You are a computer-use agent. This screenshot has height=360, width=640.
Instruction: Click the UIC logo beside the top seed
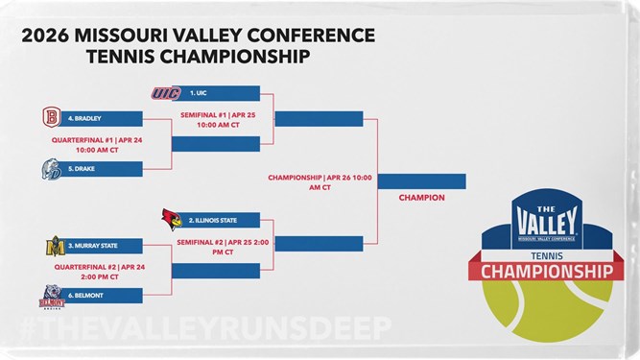(166, 93)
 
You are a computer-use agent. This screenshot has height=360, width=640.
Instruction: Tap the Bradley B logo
(52, 117)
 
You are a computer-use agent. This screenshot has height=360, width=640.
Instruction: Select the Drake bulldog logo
(52, 169)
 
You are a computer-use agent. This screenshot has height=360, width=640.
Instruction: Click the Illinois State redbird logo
(172, 219)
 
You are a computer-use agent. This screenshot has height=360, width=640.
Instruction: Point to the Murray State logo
(55, 246)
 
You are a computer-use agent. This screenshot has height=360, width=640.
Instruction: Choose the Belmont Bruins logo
(52, 297)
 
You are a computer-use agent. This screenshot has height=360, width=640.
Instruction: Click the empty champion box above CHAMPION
(421, 181)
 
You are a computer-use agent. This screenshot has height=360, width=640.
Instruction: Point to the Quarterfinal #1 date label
(97, 145)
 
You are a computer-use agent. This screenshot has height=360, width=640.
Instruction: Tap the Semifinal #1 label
(218, 120)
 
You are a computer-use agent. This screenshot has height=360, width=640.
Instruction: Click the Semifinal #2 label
(223, 248)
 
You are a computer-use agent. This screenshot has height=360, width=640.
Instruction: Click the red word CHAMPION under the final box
(421, 198)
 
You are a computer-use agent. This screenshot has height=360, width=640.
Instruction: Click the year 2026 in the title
(45, 36)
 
